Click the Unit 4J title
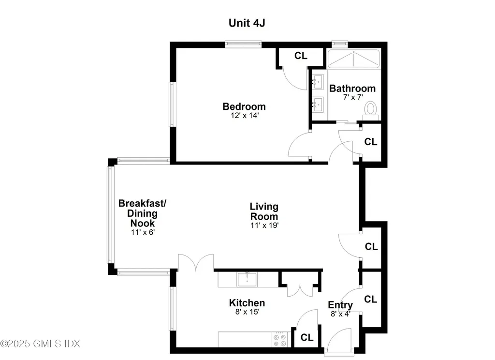tap(247, 23)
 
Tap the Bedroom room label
tap(244, 106)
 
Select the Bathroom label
tap(352, 89)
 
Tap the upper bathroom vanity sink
tap(318, 82)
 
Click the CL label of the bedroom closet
tap(301, 56)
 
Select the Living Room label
tap(263, 211)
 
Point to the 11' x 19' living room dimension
tap(263, 225)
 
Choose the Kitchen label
tap(247, 303)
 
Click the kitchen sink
tap(247, 280)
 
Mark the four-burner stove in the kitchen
tap(280, 339)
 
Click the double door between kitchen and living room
tap(195, 264)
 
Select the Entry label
tap(340, 305)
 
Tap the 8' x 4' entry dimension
tap(340, 314)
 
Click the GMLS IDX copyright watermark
tap(40, 344)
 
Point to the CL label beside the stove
tap(307, 338)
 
